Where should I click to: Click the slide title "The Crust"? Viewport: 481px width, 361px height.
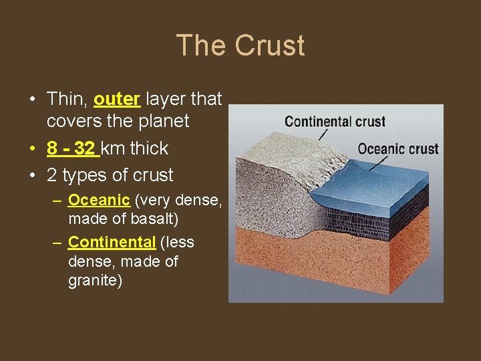240,45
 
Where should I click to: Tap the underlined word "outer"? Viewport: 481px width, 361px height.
116,99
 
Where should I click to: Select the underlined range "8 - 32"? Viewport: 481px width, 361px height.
73,148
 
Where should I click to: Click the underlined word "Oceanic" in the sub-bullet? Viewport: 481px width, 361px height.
99,200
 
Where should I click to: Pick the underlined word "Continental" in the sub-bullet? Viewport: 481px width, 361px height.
112,241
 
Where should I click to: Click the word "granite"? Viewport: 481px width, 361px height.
95,281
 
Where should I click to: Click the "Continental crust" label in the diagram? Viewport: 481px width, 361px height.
335,122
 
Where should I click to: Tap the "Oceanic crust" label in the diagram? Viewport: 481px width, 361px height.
398,148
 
